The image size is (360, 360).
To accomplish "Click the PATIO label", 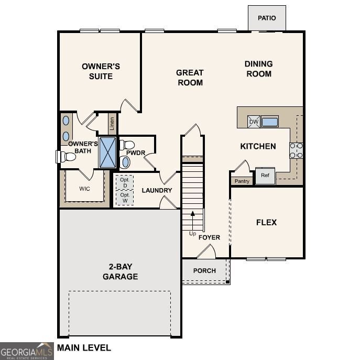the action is tap(267, 18).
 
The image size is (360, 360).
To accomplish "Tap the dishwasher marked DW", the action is tap(254, 122).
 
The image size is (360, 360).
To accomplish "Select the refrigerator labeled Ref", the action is tap(265, 176).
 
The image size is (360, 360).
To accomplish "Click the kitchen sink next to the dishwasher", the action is tap(269, 122).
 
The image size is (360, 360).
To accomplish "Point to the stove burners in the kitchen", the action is tap(296, 150).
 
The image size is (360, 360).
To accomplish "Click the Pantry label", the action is tap(242, 181).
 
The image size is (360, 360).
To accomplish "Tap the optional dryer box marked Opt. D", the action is tap(125, 182).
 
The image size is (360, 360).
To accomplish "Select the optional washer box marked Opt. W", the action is tap(125, 198).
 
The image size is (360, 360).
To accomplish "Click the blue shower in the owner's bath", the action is tap(107, 152).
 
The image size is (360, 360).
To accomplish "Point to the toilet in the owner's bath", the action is tap(66, 157).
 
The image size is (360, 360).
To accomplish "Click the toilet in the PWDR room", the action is tap(127, 145).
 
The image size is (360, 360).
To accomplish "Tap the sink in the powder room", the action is tap(125, 162).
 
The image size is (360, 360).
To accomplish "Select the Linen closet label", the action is tap(112, 124).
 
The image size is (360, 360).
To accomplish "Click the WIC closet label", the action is tap(84, 189).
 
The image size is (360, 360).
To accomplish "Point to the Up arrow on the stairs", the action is tap(193, 221).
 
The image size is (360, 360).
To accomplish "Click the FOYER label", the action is tap(209, 237).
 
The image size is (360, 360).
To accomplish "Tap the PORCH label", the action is tap(204, 271).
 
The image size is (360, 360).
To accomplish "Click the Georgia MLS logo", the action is tap(27, 351).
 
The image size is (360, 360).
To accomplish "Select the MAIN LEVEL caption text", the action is tap(84, 348).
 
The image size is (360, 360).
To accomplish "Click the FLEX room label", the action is tap(266, 222).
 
